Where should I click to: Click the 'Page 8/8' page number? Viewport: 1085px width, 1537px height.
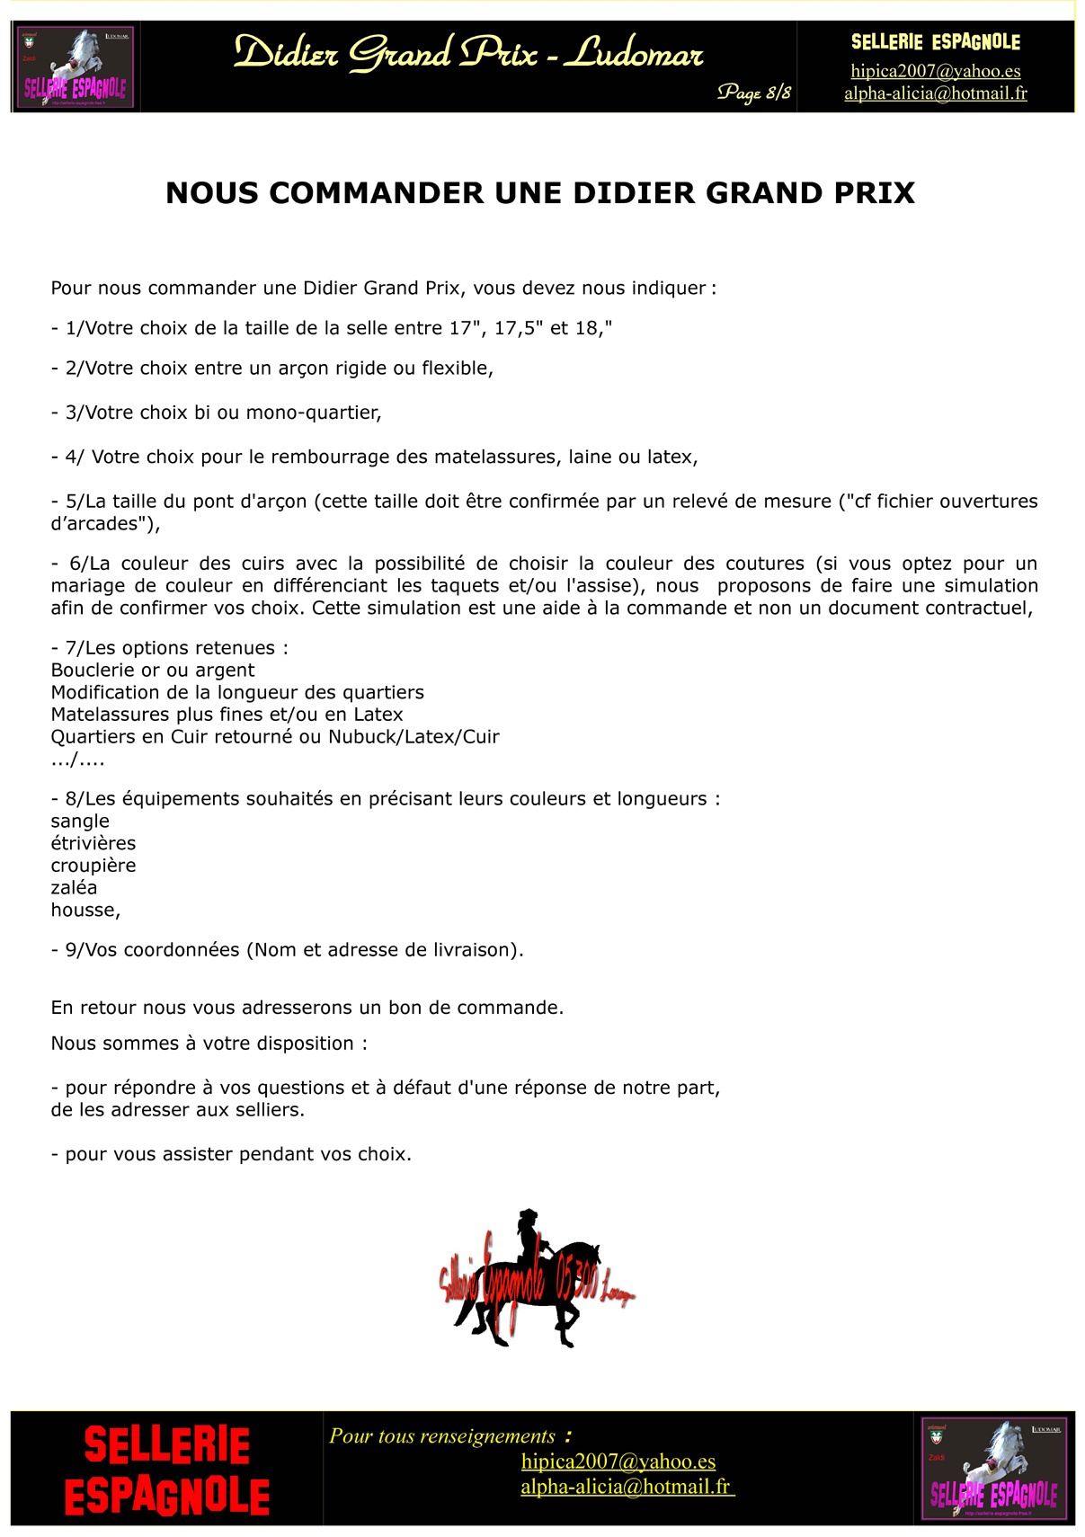[x=753, y=93]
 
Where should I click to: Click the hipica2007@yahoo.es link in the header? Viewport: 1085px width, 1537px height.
[x=935, y=71]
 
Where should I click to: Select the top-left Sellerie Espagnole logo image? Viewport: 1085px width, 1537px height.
[x=76, y=67]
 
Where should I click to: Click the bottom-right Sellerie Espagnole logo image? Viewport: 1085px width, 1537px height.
[x=994, y=1469]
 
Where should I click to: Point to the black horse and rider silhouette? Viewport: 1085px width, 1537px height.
[x=536, y=1276]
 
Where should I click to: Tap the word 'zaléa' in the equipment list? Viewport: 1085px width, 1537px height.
[x=74, y=888]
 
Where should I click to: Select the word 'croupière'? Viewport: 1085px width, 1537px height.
[x=93, y=866]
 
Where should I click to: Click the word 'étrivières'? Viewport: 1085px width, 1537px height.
[x=93, y=843]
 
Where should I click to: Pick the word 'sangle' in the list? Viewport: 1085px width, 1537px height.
[x=80, y=822]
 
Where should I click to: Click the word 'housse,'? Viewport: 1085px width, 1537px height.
[x=85, y=911]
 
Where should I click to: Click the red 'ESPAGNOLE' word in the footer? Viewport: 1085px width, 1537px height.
[x=167, y=1497]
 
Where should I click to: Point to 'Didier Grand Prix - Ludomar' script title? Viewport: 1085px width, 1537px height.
[x=468, y=54]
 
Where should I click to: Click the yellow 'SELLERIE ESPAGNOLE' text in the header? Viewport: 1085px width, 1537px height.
[x=935, y=42]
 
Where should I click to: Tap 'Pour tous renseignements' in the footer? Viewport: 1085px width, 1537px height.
[x=442, y=1436]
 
